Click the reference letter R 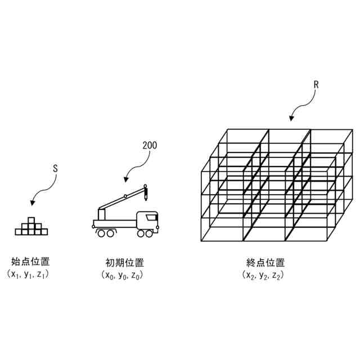tap(316, 85)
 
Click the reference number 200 tap(150, 145)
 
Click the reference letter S tap(55, 168)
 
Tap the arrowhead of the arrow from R tap(291, 119)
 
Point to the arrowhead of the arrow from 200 tap(125, 180)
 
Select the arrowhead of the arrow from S tap(32, 202)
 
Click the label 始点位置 tap(30, 262)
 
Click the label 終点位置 tap(265, 262)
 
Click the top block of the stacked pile tap(31, 220)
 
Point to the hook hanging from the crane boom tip tap(146, 195)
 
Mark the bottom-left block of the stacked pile tap(18, 231)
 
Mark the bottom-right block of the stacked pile tap(44, 231)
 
